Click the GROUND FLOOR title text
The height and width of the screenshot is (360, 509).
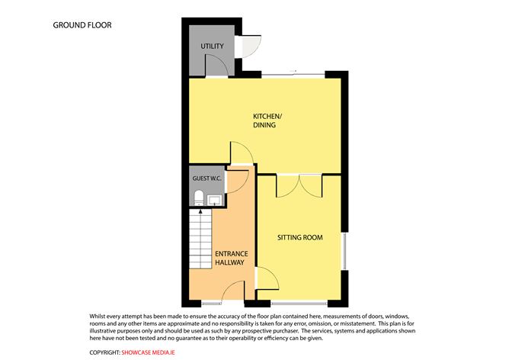[82, 25]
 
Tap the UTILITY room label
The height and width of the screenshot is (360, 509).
[212, 47]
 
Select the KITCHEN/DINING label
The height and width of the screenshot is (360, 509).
[267, 121]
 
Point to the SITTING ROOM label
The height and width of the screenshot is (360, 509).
[299, 237]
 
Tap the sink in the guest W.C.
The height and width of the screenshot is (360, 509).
[216, 201]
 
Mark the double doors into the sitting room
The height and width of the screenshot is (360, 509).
[299, 185]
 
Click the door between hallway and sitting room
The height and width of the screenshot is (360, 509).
[264, 278]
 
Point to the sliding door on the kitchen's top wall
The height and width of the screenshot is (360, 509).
[290, 74]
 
